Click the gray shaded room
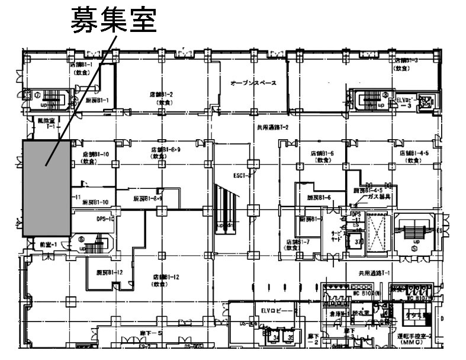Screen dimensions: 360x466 point(47,188)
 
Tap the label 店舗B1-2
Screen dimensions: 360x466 point(161,95)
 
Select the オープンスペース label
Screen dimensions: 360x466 point(253,83)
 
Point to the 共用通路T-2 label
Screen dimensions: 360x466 point(272,127)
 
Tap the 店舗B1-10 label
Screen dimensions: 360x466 point(95,154)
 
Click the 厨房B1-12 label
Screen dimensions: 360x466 point(109,272)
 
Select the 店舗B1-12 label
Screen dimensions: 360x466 point(166,277)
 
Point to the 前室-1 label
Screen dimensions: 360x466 point(47,244)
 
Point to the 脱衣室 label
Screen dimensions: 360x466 point(361,313)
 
